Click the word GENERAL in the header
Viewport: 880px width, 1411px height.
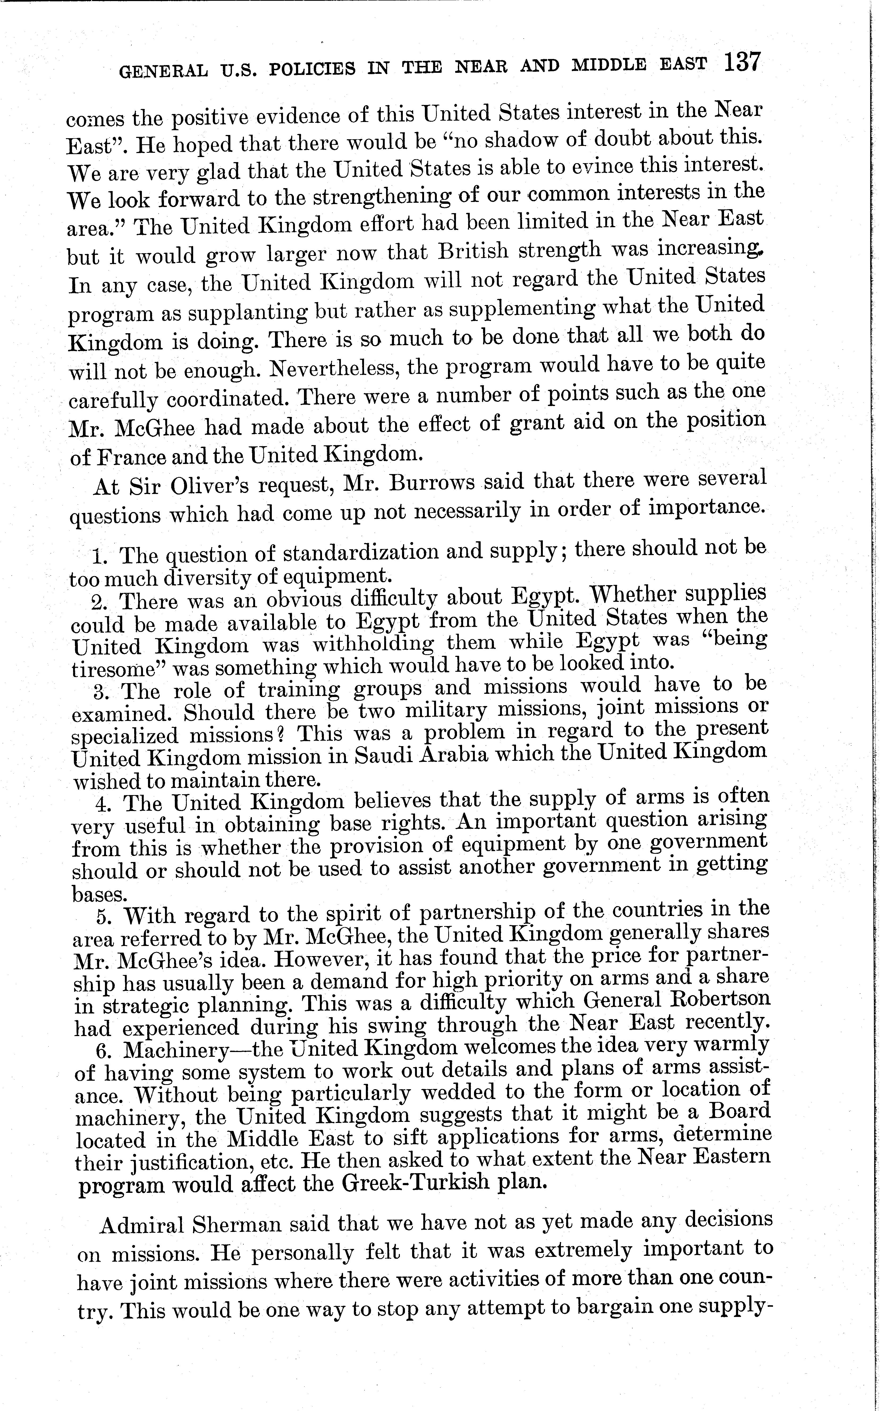coord(163,70)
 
